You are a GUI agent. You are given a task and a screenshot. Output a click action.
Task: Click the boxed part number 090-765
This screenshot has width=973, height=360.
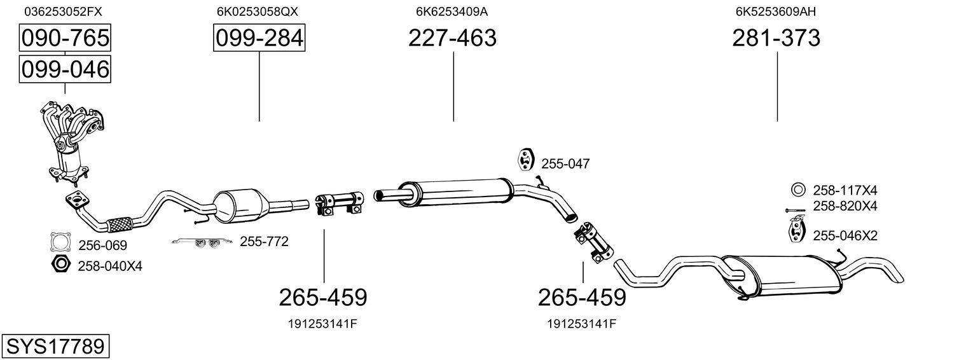click(x=65, y=38)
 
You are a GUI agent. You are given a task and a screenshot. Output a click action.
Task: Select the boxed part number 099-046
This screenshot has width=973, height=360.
click(x=65, y=69)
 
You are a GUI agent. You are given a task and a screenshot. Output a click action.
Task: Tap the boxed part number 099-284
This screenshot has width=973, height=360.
click(x=259, y=38)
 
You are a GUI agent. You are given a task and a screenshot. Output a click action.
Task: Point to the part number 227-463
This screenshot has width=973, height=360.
click(x=452, y=38)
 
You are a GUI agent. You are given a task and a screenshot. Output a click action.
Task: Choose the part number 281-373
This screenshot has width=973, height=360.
click(x=776, y=38)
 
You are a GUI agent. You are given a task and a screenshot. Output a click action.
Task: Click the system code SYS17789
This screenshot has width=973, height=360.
click(x=55, y=347)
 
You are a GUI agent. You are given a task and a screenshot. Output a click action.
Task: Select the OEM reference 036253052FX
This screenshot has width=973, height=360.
click(x=64, y=11)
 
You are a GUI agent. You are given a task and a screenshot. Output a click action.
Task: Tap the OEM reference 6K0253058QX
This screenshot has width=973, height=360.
click(x=258, y=11)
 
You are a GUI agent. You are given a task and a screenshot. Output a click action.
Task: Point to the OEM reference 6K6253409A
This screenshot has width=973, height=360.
click(x=452, y=11)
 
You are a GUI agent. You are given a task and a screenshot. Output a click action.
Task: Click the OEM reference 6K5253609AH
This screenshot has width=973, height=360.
click(x=776, y=11)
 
